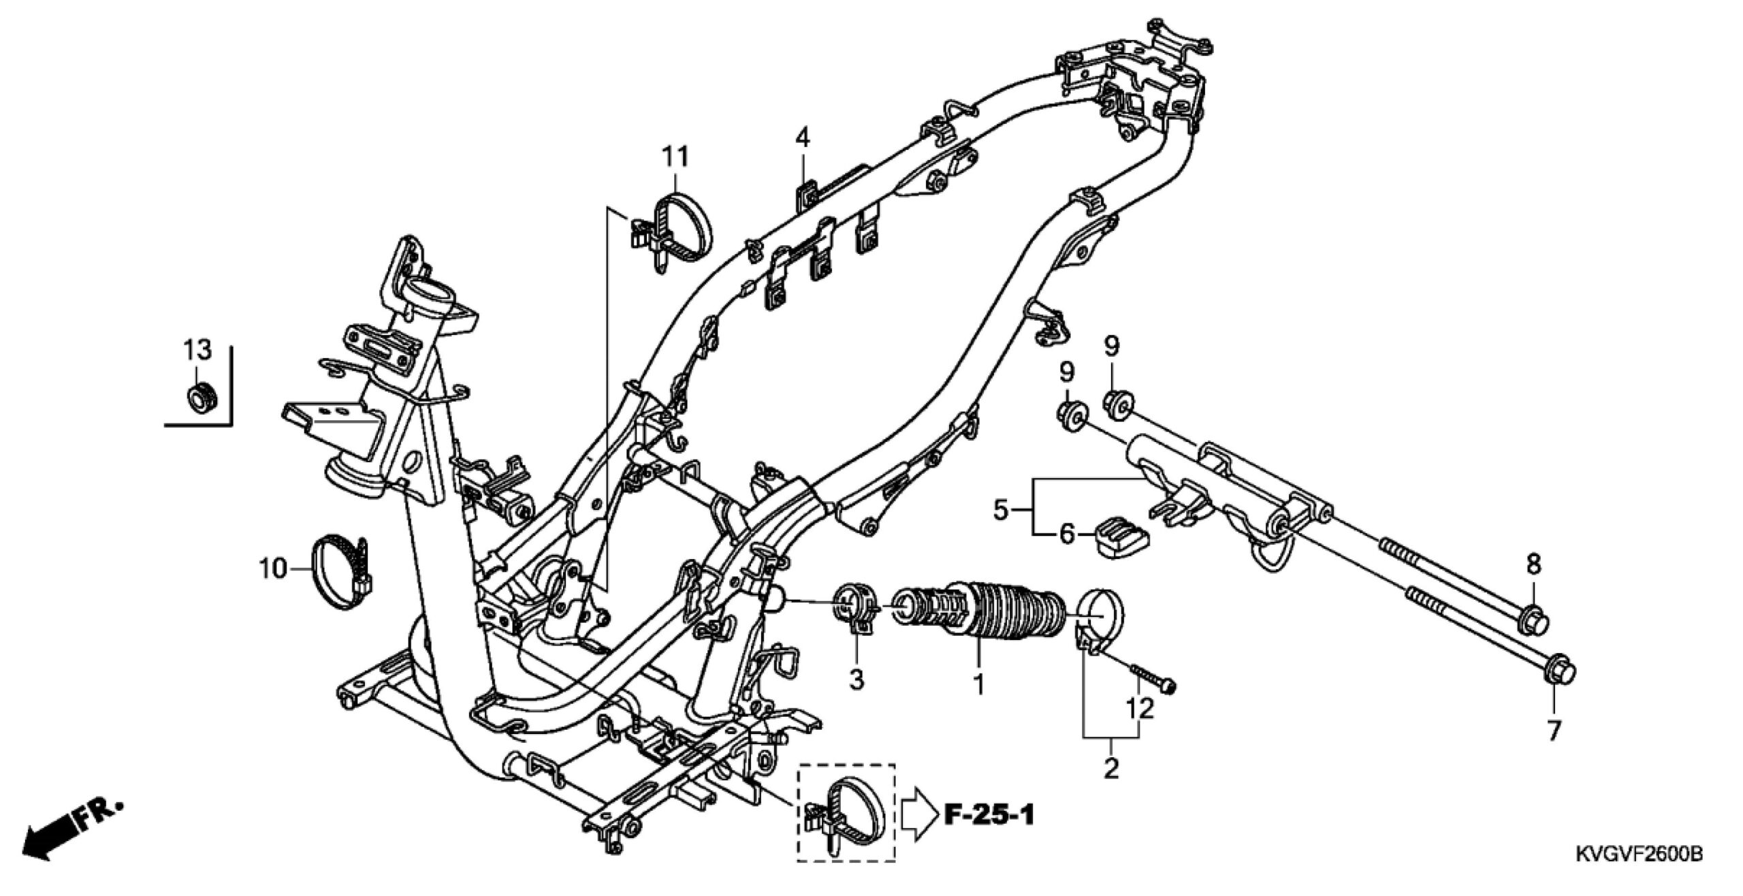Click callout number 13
[197, 351]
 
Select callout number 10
[273, 569]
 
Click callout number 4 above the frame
[803, 140]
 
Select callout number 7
[1554, 731]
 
